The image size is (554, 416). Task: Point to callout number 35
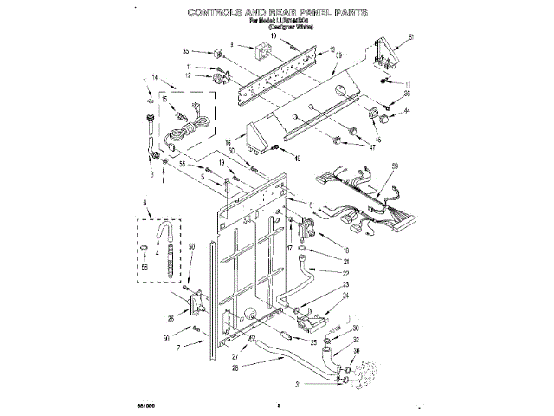[186, 52]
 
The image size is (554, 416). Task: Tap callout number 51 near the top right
[412, 36]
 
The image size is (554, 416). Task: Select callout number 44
[407, 112]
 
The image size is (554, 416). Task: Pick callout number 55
[183, 165]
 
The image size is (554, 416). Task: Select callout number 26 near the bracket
[171, 318]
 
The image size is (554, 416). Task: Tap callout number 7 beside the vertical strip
[179, 348]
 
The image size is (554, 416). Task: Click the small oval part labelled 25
[285, 334]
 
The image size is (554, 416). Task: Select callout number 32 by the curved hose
[355, 341]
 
